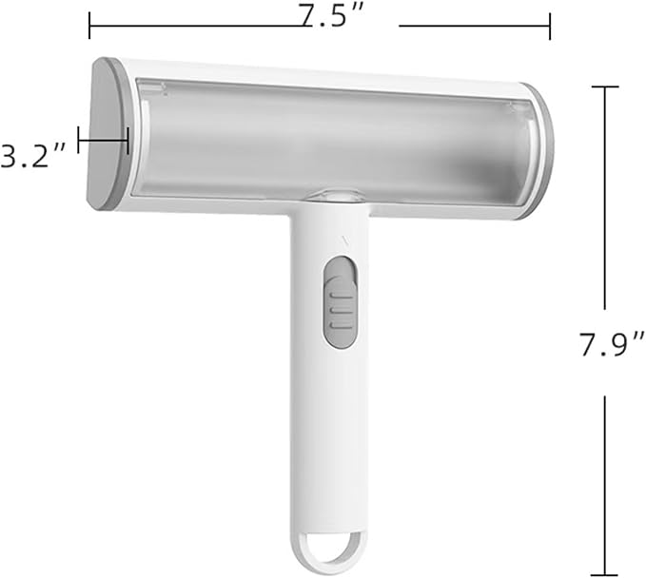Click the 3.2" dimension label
point(32,156)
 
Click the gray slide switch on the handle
point(340,299)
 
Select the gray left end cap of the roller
point(108,135)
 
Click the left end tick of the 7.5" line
point(89,26)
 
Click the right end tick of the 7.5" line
point(550,26)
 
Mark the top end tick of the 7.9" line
point(604,87)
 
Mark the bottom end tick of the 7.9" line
point(605,573)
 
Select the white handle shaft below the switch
point(328,428)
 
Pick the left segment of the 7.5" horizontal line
point(190,26)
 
